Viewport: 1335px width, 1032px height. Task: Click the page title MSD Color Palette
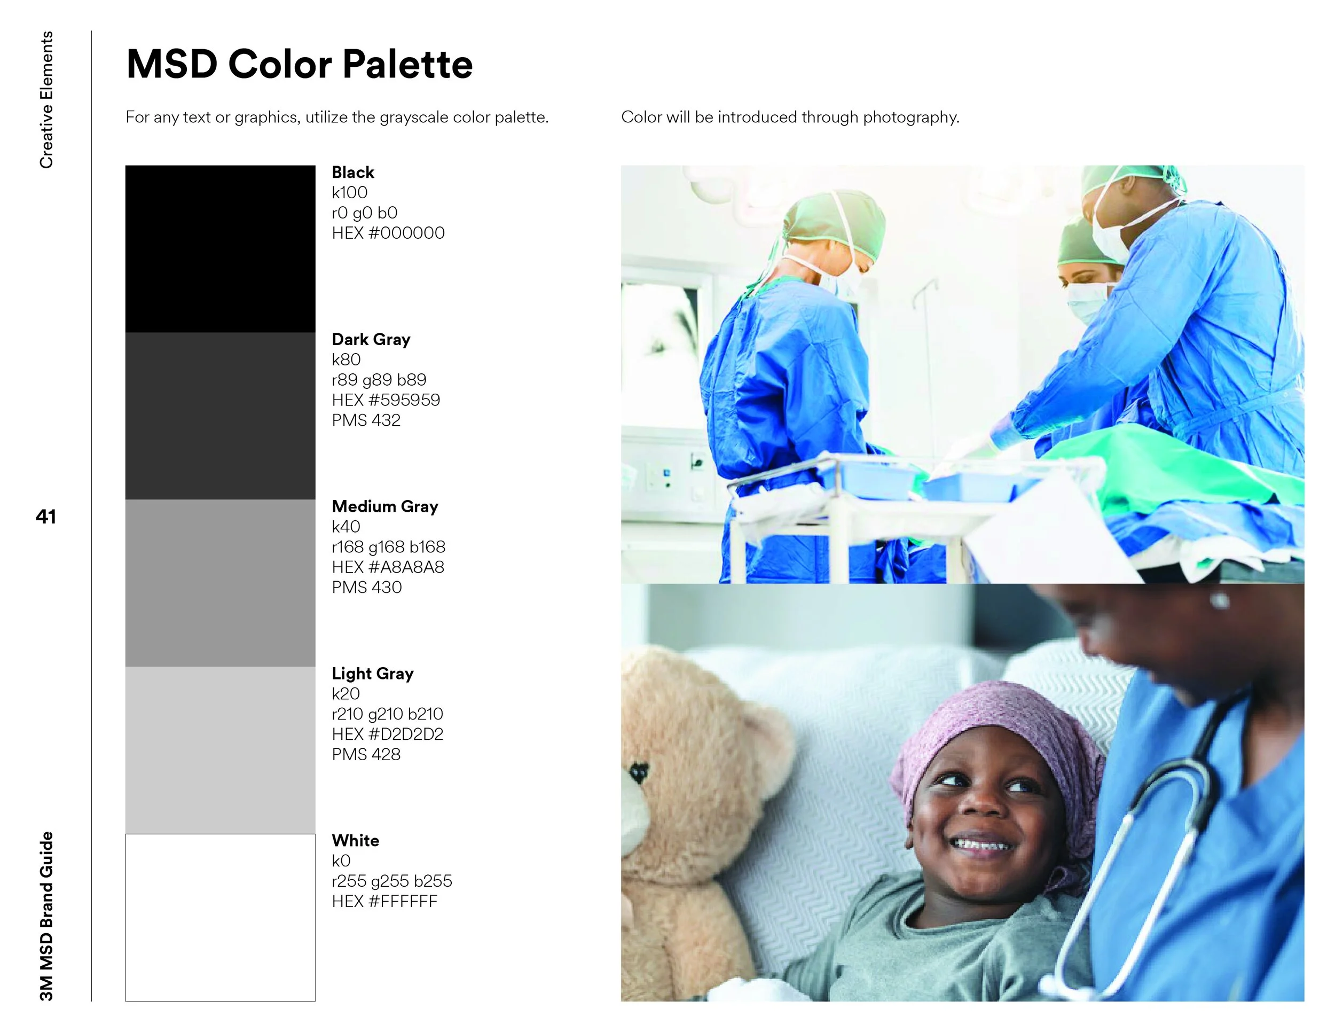point(300,64)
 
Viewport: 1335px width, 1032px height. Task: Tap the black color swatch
point(220,249)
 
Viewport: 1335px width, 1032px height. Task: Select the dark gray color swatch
point(220,416)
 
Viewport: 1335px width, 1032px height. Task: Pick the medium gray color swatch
point(220,583)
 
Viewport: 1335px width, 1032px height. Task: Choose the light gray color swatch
point(220,750)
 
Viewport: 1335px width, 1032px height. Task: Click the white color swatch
point(220,917)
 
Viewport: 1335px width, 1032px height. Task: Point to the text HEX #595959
point(386,400)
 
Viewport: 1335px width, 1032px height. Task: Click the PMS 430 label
point(367,588)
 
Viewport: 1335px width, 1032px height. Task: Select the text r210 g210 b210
point(388,714)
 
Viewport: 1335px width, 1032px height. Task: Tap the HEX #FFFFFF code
point(384,901)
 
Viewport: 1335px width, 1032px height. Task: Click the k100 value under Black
point(350,193)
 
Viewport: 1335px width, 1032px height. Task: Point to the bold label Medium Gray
point(385,506)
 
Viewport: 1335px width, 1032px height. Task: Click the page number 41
point(46,517)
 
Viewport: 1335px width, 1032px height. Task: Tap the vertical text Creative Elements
point(46,100)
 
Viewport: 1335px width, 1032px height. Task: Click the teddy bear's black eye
point(638,772)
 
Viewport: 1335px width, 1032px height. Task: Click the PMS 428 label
point(366,754)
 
